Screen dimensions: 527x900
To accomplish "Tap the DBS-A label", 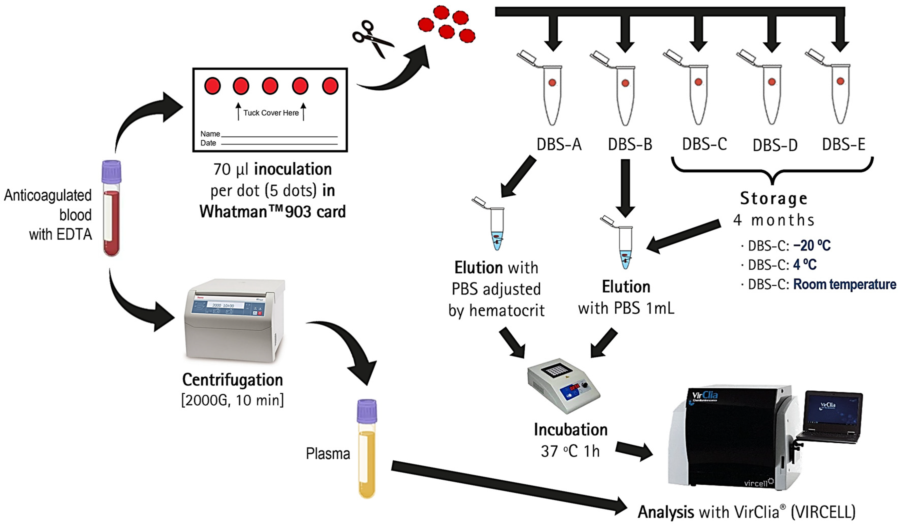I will (559, 144).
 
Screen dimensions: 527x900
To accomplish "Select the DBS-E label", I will (843, 144).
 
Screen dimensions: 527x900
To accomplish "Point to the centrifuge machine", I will (234, 321).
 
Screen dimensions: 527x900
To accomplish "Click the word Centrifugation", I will (232, 380).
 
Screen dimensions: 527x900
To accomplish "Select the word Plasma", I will (328, 454).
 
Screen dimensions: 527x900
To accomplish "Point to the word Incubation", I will (570, 430).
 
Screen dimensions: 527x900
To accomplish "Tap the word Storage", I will (773, 199).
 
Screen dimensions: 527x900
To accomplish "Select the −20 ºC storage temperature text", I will (812, 246).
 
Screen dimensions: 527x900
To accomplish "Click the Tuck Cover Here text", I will (271, 113).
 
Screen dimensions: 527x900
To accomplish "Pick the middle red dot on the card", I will (270, 86).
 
